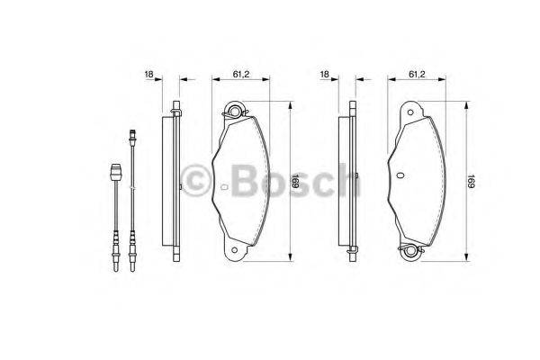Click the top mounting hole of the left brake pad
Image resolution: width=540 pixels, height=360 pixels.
click(x=236, y=112)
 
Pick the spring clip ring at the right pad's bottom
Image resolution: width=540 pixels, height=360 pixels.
click(x=412, y=253)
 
